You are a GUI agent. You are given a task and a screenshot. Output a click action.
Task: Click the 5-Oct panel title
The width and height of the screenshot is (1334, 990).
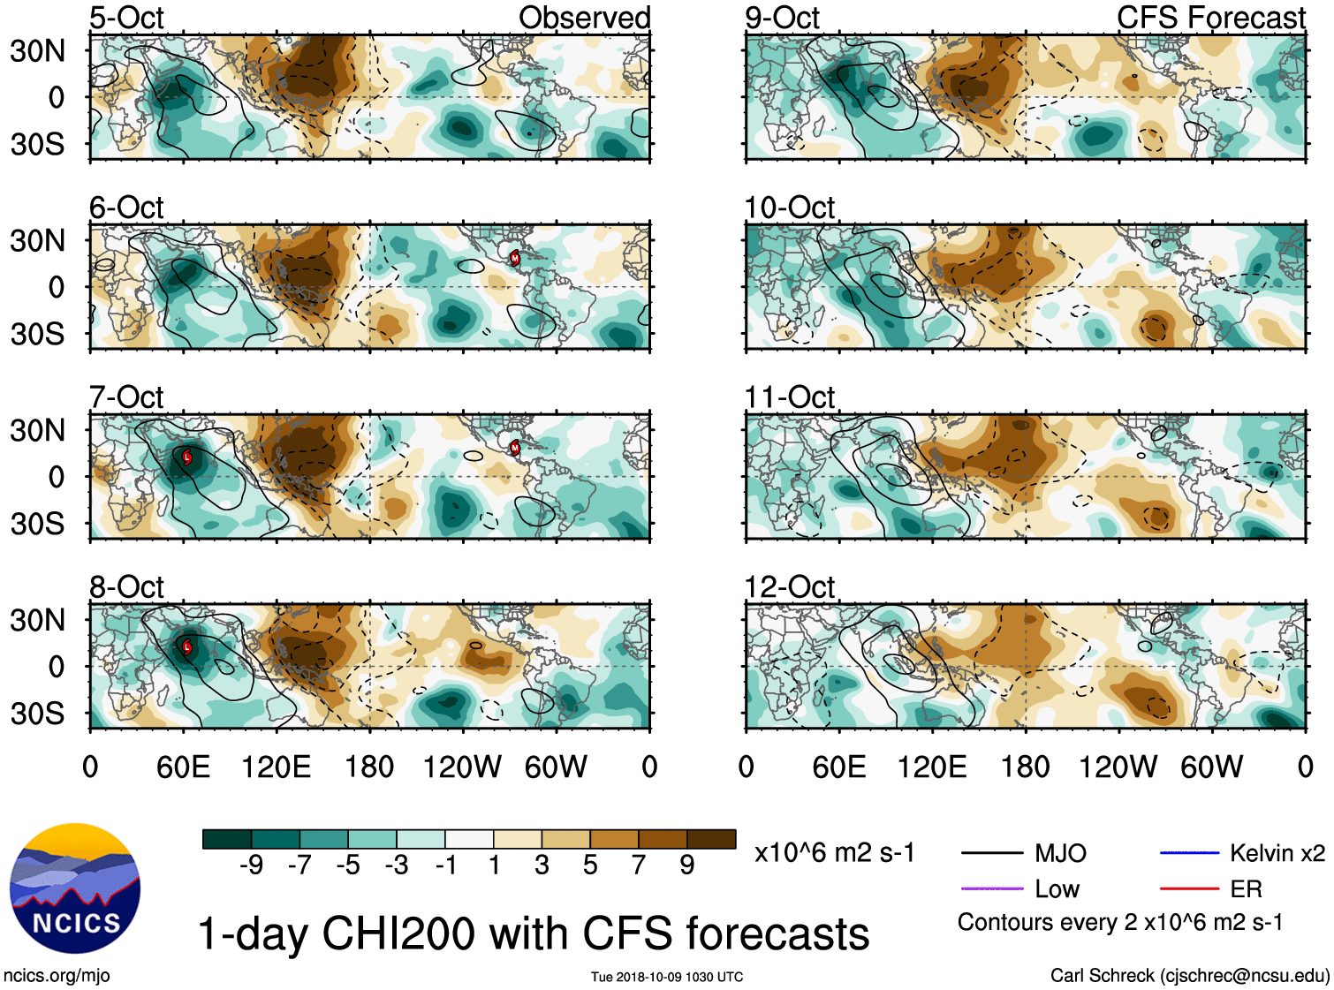(126, 18)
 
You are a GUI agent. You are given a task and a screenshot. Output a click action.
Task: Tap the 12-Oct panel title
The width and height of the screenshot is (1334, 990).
(789, 587)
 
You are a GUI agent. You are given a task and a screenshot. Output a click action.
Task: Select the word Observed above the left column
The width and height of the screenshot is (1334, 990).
(584, 18)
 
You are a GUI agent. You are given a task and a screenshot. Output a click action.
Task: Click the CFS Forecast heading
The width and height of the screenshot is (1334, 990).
(1210, 18)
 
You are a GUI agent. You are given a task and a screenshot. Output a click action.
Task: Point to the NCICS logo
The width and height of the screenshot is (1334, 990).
(75, 888)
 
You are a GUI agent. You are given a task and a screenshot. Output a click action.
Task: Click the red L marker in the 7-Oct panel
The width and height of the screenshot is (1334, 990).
(187, 457)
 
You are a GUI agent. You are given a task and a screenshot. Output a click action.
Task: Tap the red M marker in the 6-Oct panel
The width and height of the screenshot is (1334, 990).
(515, 258)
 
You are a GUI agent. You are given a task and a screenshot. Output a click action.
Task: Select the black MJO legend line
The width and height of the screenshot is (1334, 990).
(991, 853)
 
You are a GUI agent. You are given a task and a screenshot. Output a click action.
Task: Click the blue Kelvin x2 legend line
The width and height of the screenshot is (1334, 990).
(1189, 853)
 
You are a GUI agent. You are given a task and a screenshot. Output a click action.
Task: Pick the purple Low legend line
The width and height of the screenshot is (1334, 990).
(991, 888)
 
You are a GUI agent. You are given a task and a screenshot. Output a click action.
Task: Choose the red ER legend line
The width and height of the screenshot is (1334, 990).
(1189, 888)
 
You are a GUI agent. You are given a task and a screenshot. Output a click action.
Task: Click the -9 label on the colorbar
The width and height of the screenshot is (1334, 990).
(251, 865)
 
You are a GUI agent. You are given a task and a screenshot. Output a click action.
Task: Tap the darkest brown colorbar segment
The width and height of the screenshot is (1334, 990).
(711, 839)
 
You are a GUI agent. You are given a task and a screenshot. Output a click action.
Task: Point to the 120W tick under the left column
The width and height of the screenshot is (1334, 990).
(462, 767)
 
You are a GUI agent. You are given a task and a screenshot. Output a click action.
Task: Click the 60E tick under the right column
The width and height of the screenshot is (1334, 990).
(839, 767)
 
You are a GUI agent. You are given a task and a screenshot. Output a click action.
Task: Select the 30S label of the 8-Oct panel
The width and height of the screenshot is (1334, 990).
(37, 714)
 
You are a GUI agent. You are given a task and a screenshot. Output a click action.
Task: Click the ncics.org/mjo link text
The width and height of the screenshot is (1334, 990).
(57, 976)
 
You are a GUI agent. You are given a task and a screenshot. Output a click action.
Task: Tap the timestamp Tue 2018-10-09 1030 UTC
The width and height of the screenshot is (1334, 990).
(667, 977)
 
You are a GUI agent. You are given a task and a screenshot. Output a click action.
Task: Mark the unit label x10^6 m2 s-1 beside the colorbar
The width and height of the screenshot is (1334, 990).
(834, 853)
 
